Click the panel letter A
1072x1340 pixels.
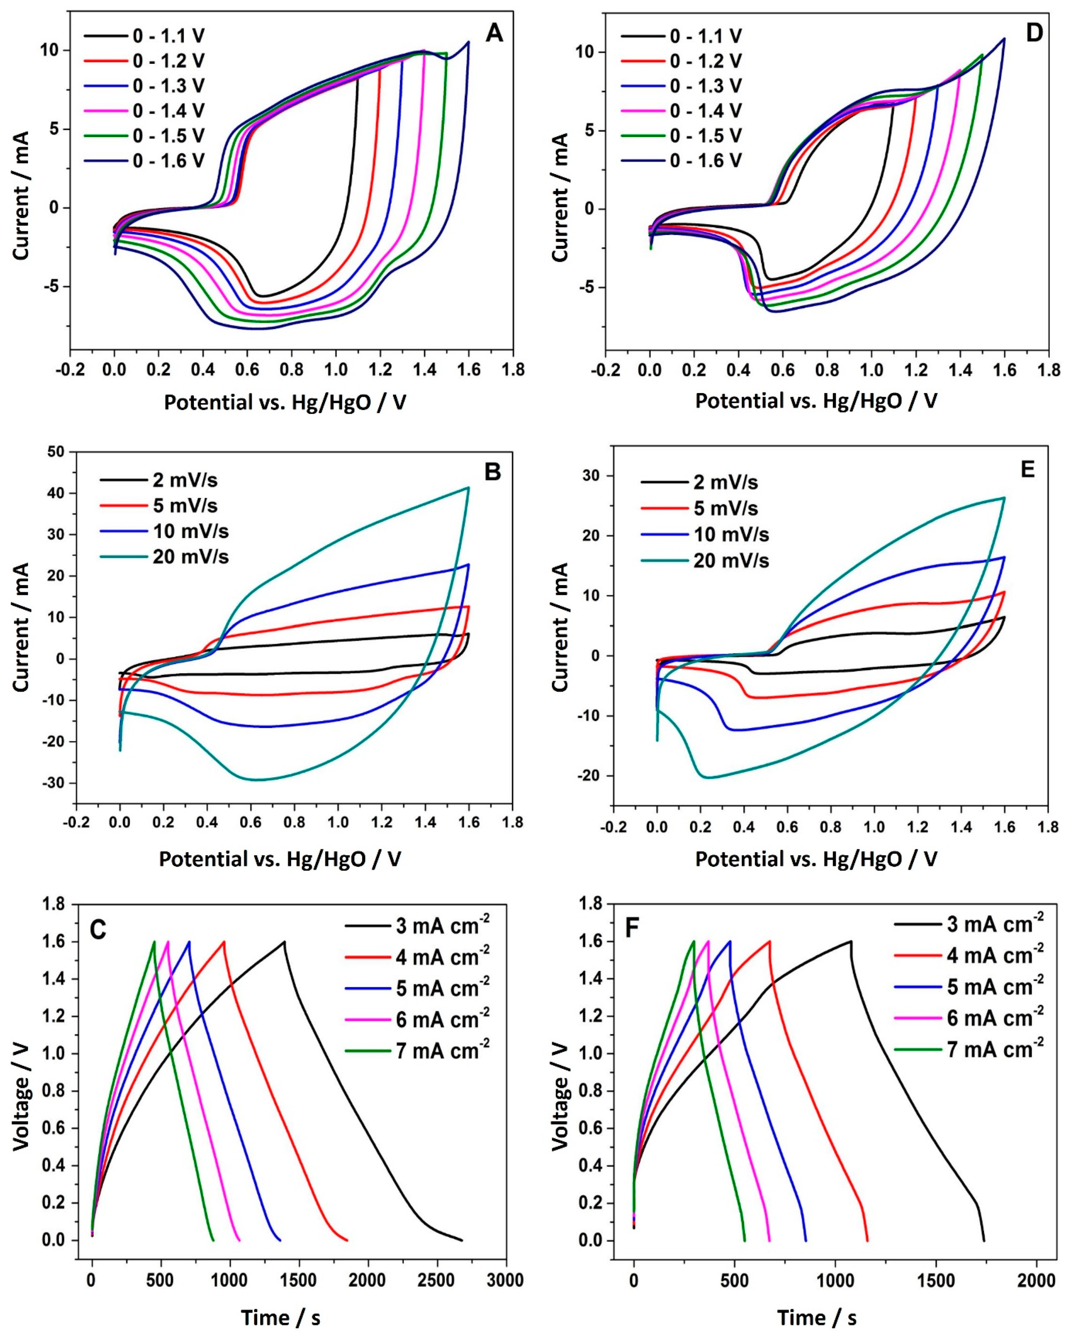click(x=494, y=32)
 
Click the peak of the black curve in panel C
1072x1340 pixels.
click(x=284, y=942)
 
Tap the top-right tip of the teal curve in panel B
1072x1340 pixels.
click(x=468, y=488)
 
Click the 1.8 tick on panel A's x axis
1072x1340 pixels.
click(x=512, y=370)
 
